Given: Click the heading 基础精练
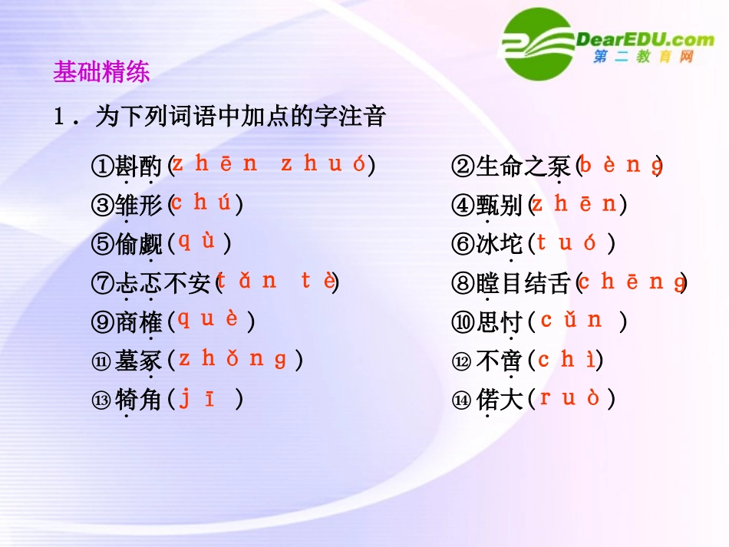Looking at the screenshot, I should point(101,72).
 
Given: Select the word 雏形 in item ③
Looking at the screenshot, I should point(139,206).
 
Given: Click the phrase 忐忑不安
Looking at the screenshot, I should point(163,284).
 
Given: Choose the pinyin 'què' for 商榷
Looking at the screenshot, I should point(209,319).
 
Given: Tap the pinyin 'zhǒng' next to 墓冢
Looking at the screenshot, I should point(233,358).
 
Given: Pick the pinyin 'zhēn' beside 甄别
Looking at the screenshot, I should point(574,204).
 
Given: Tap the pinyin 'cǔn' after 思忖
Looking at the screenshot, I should point(571,320).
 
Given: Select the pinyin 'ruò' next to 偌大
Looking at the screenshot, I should point(569,398).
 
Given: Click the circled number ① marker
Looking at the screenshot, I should point(102,166).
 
